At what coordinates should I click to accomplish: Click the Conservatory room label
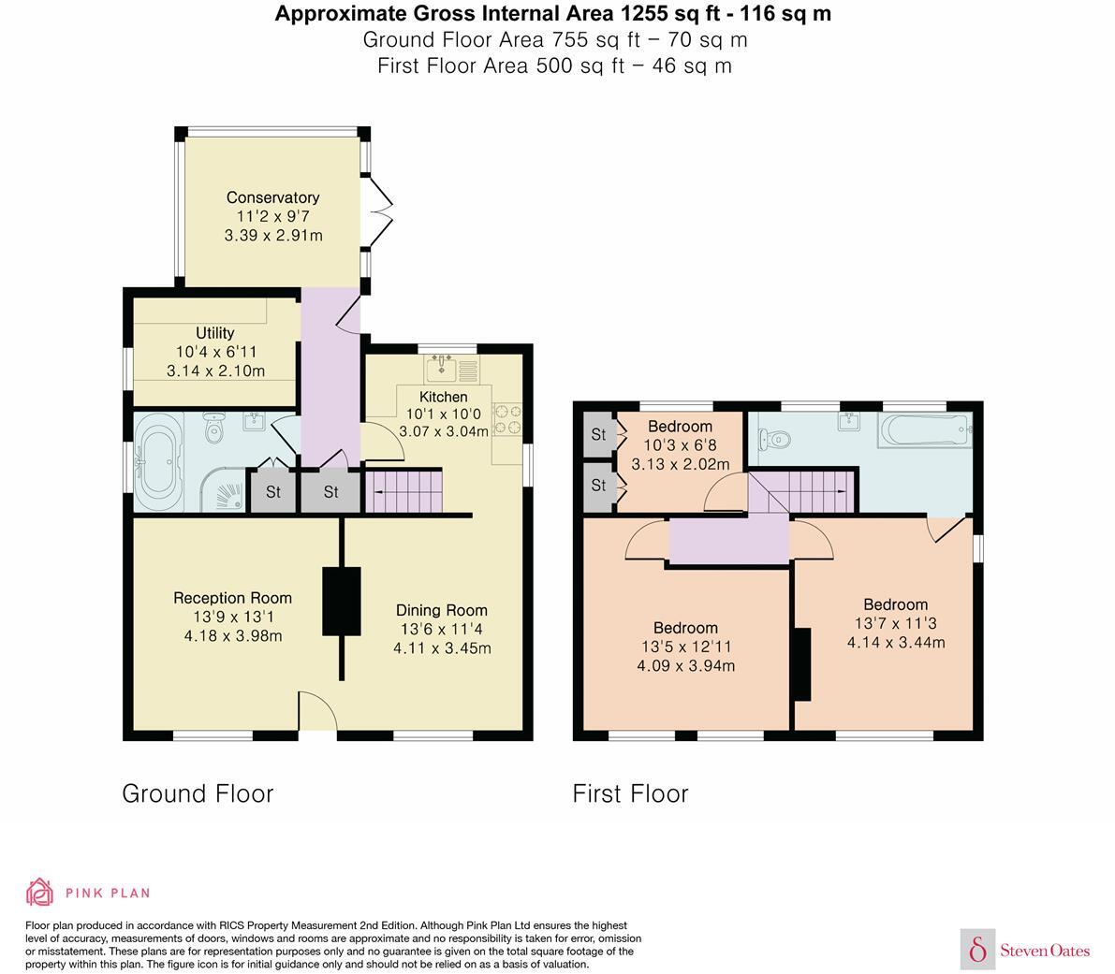(272, 197)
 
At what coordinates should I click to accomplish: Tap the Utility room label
(214, 333)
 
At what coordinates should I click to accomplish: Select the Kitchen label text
(443, 397)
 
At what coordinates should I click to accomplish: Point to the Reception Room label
(232, 598)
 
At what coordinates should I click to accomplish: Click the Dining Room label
(441, 610)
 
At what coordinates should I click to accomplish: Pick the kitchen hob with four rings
(506, 418)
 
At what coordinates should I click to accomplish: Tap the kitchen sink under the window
(441, 370)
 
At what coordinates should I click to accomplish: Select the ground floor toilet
(215, 430)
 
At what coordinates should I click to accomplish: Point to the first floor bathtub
(922, 432)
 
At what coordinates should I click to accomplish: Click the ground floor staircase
(402, 491)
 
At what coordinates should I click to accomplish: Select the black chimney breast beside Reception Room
(341, 601)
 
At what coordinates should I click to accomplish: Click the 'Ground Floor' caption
(198, 793)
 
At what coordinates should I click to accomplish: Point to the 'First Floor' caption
(630, 793)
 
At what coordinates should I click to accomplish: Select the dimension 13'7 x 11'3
(895, 623)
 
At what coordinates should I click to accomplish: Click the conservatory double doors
(377, 211)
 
